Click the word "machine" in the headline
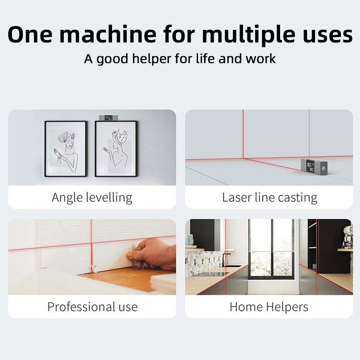click(108, 35)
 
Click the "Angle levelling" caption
click(92, 198)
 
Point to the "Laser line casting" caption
click(270, 198)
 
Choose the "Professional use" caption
click(92, 307)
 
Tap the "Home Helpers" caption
click(269, 307)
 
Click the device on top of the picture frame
click(108, 118)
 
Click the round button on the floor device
click(324, 168)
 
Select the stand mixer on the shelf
click(347, 237)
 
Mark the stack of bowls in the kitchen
click(189, 240)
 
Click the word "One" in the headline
click(30, 35)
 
